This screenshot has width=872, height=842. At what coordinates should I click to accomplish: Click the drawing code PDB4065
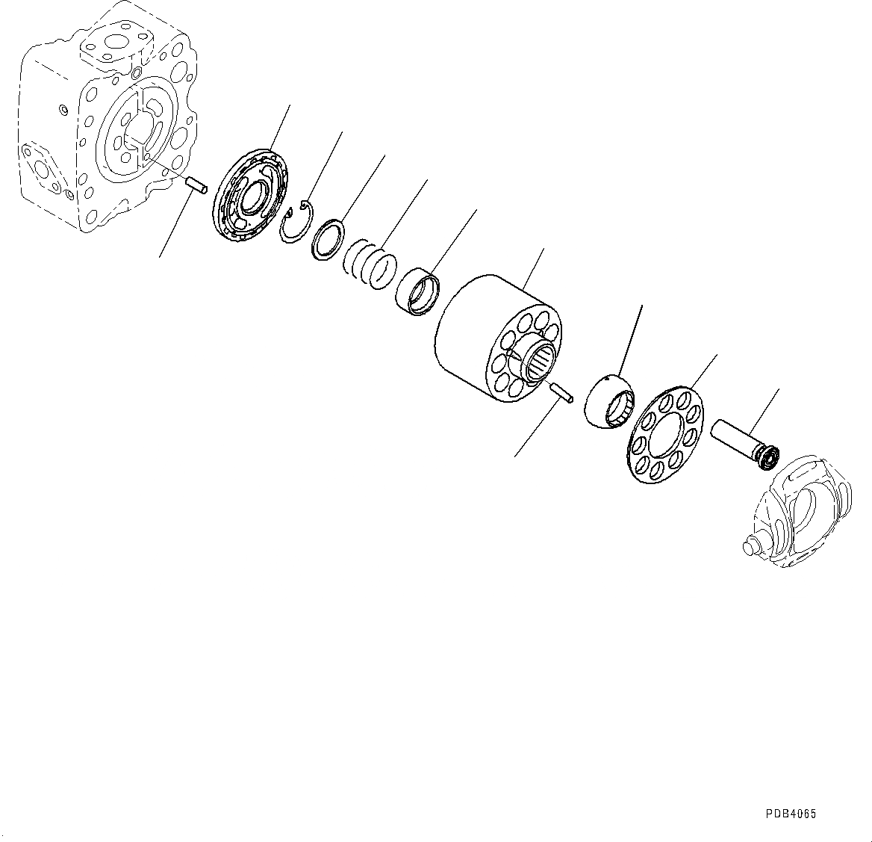[x=790, y=814]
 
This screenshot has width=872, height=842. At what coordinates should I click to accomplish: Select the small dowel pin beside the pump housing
[x=195, y=185]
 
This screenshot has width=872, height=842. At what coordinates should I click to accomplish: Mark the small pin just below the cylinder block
[x=561, y=391]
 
